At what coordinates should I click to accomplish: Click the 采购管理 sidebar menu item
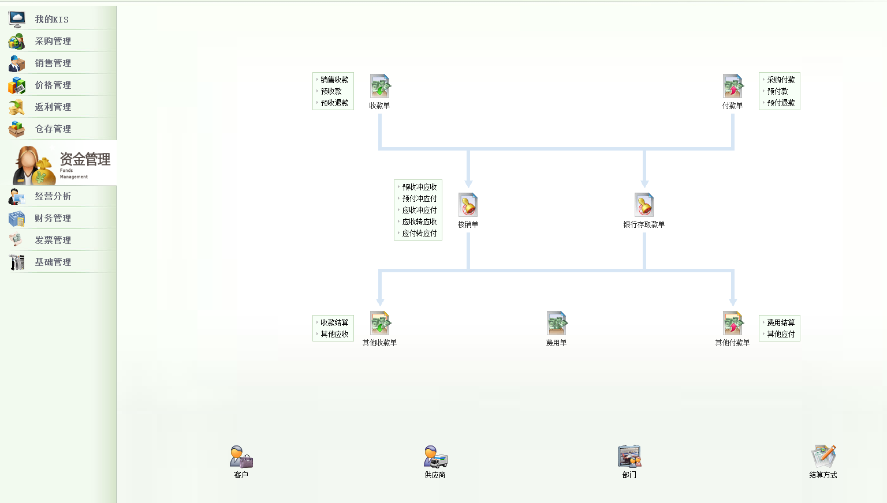(x=53, y=41)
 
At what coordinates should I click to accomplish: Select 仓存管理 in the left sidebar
(x=53, y=129)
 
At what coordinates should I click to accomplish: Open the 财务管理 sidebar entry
(x=53, y=218)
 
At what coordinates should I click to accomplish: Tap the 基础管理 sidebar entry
(x=53, y=262)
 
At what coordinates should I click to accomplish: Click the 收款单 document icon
(x=380, y=87)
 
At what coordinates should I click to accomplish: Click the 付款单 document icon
(x=733, y=87)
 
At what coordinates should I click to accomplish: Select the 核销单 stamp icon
(x=468, y=205)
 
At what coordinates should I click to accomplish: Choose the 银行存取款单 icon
(x=644, y=205)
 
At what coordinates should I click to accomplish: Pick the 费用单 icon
(x=557, y=324)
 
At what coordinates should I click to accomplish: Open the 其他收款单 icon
(x=380, y=324)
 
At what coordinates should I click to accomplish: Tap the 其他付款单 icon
(x=733, y=324)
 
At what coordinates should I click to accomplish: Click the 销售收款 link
(x=334, y=80)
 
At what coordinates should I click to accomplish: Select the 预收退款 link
(x=334, y=103)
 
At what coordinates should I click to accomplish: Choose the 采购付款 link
(x=781, y=80)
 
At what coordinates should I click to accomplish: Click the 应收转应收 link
(x=419, y=222)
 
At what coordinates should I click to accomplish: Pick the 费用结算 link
(x=781, y=322)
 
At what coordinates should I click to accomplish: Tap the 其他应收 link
(x=334, y=334)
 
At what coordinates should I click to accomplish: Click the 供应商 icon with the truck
(x=435, y=457)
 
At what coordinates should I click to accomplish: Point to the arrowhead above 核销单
(x=468, y=183)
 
